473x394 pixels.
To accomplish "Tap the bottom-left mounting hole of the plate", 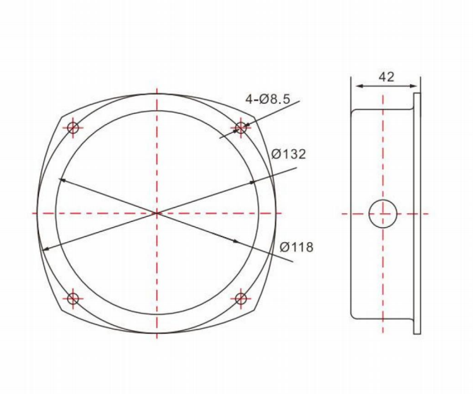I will coord(74,298).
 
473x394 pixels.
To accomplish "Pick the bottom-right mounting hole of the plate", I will coord(241,298).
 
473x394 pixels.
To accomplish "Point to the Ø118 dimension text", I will coord(296,247).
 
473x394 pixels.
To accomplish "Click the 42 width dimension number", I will coord(386,77).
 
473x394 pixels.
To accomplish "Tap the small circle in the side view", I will coord(383,214).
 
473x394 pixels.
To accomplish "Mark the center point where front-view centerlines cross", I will coord(157,213).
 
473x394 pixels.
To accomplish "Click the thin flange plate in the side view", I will coord(417,213).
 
